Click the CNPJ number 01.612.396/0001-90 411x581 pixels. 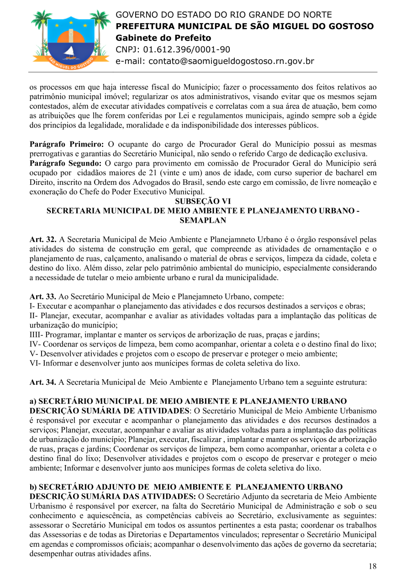point(187,49)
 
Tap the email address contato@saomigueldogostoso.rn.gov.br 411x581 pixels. point(215,61)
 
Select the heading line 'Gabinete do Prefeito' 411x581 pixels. point(163,38)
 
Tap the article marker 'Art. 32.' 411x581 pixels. point(43,239)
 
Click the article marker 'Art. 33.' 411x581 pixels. point(43,297)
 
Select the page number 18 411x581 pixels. point(373,566)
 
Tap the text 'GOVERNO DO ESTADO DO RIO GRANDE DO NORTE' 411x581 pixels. point(224,15)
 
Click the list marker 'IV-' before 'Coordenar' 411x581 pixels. point(35,344)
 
